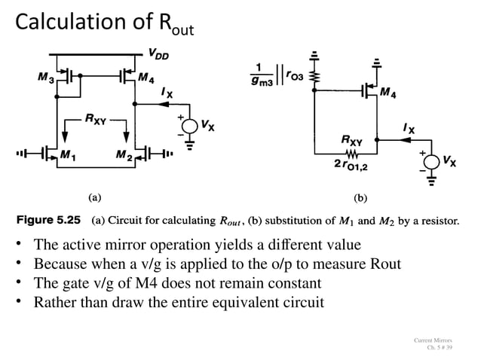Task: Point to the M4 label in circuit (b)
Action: point(389,93)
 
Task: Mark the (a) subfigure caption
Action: point(94,198)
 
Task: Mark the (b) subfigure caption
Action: point(360,198)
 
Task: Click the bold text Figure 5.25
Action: point(47,222)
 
